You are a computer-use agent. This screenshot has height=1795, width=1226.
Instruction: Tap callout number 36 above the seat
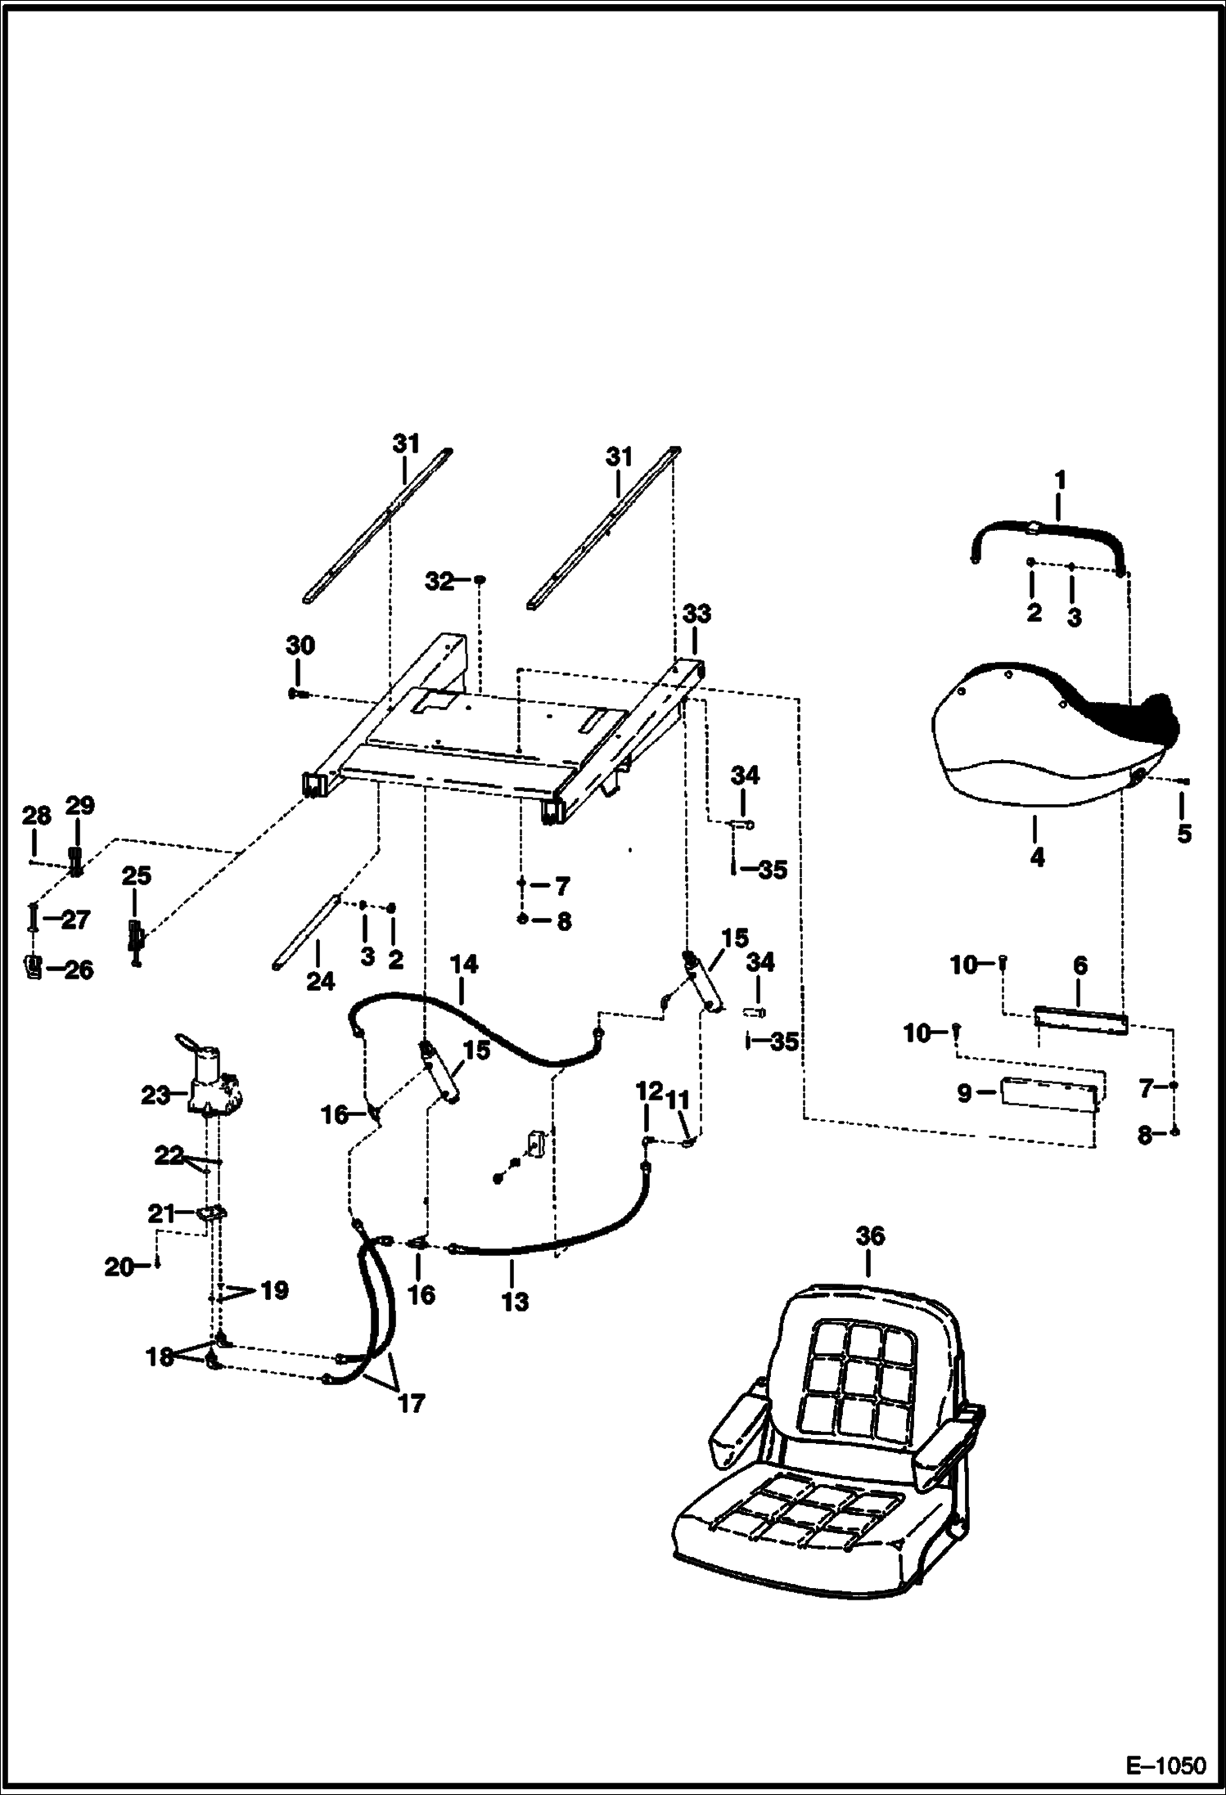click(x=869, y=1235)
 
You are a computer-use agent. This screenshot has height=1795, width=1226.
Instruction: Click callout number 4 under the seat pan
click(x=1036, y=858)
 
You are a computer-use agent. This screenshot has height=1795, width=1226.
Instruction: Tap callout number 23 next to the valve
click(x=156, y=1095)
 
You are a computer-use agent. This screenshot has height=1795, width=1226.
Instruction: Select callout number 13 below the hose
click(x=515, y=1302)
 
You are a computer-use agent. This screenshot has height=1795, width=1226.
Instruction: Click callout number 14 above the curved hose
click(x=463, y=965)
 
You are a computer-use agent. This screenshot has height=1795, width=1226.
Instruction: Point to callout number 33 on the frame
click(x=696, y=614)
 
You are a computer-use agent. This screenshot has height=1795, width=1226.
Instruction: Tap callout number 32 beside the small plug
click(x=439, y=581)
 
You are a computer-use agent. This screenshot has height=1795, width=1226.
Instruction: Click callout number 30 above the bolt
click(x=300, y=646)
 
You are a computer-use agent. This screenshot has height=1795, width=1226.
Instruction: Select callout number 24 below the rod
click(x=320, y=981)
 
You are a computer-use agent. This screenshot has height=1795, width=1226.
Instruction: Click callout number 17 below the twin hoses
click(x=411, y=1404)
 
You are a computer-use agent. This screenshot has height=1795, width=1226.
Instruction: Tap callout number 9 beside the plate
click(x=964, y=1093)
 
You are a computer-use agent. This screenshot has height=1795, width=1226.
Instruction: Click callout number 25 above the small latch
click(x=136, y=876)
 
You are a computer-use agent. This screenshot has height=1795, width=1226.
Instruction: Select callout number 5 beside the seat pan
click(x=1183, y=835)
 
